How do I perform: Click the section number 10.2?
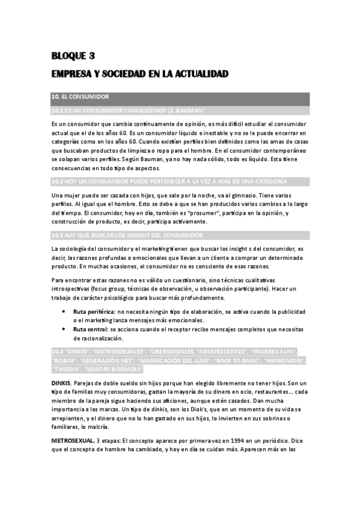click(x=58, y=181)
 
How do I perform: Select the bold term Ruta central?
click(x=90, y=329)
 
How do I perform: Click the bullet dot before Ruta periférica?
click(x=64, y=312)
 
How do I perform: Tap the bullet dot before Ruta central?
click(x=64, y=329)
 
